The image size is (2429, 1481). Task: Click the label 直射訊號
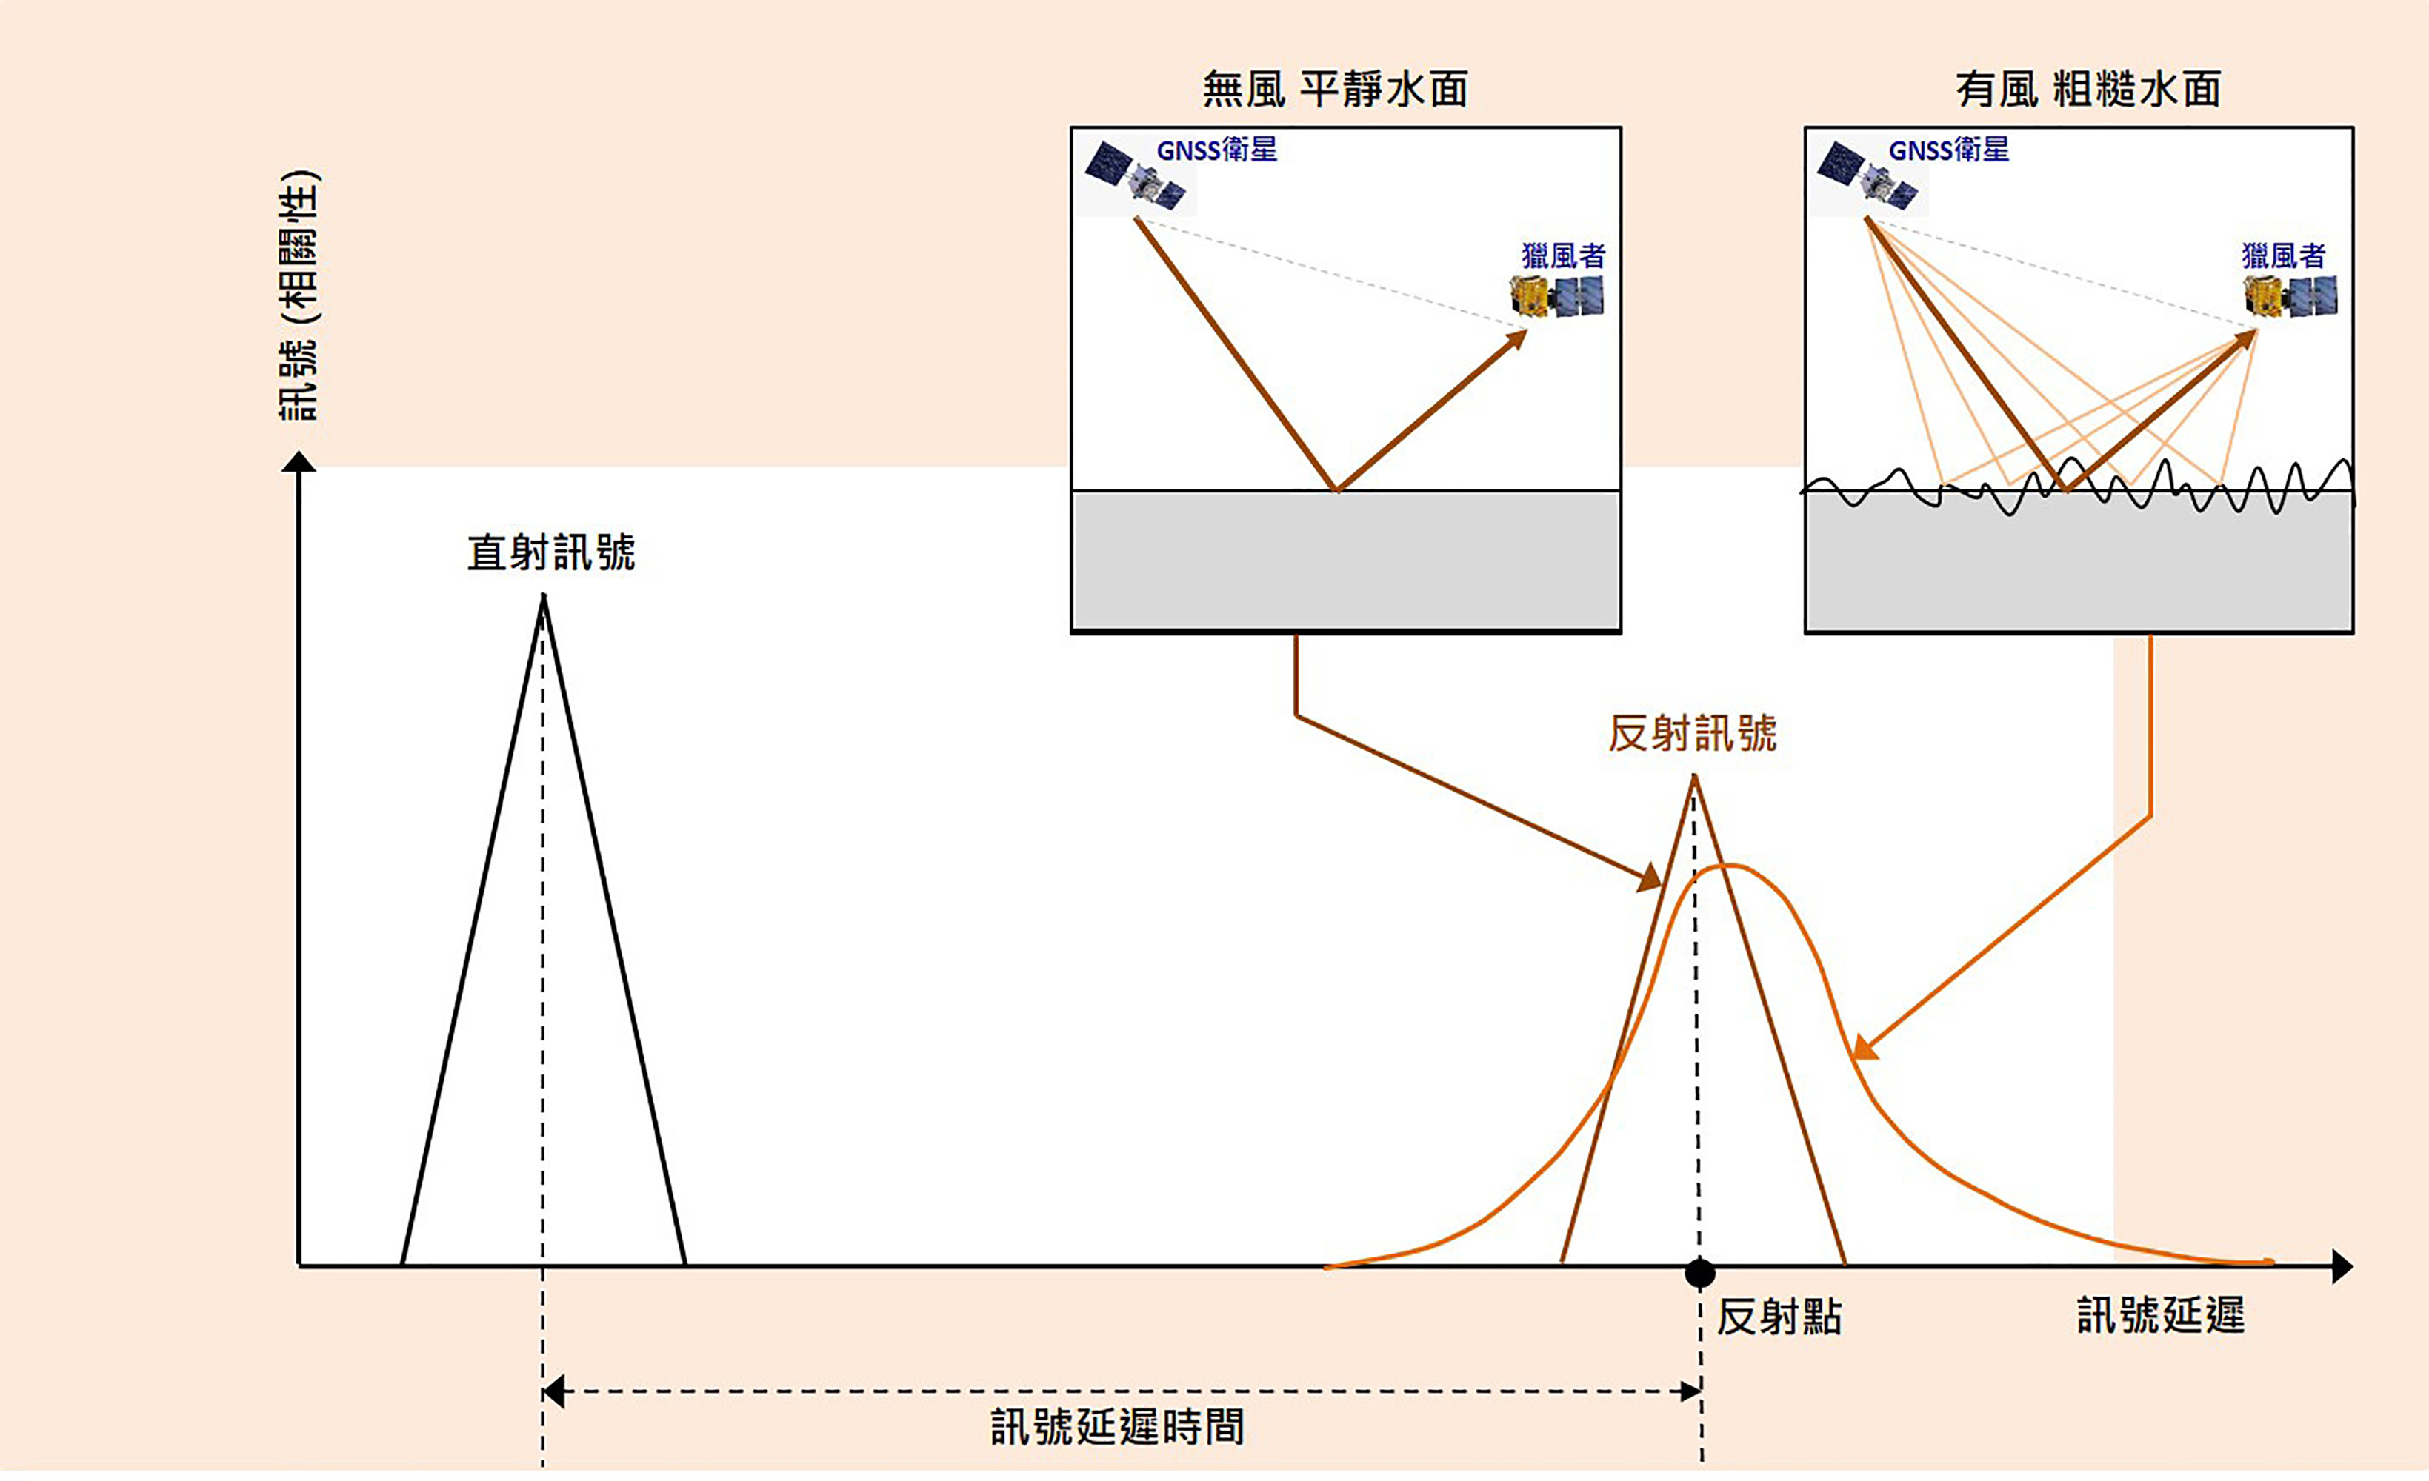pos(551,553)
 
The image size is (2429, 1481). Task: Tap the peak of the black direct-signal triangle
pos(543,597)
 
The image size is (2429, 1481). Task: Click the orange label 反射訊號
pos(1692,734)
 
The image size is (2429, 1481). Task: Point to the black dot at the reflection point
pos(1699,1273)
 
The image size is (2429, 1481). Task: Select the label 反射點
pos(1779,1317)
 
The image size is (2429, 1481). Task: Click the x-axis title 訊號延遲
pos(2161,1315)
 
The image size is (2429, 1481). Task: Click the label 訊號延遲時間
pos(1117,1427)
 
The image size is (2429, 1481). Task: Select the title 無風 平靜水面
pos(1335,90)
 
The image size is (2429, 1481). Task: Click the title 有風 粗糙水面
pos(2088,90)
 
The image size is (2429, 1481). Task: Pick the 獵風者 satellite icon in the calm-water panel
pos(1558,295)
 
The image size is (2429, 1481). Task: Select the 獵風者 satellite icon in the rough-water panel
pos(2290,295)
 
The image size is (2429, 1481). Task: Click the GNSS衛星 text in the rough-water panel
pos(1948,150)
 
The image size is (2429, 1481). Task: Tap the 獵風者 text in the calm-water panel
pos(1564,256)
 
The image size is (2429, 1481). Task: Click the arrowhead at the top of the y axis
pos(299,461)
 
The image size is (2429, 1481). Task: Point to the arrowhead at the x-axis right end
pos(2342,1266)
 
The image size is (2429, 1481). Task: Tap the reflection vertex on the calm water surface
pos(1336,489)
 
